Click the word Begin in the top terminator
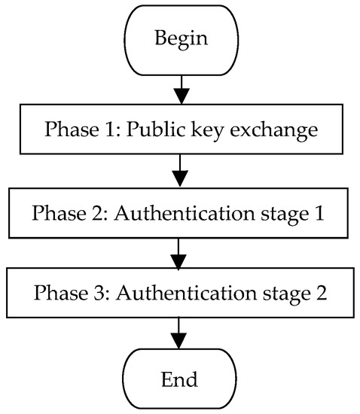180,38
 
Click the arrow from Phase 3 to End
180,332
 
